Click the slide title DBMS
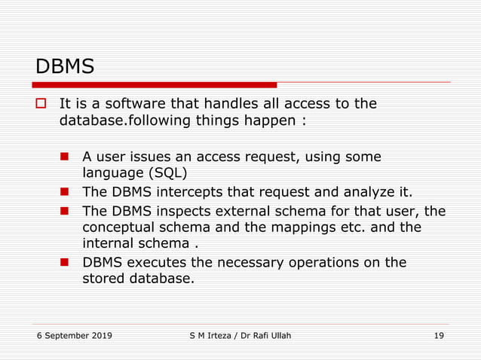(x=65, y=66)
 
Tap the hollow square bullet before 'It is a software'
(x=42, y=103)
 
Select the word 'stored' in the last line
(x=103, y=279)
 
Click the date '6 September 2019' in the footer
(x=73, y=336)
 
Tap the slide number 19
(x=439, y=336)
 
